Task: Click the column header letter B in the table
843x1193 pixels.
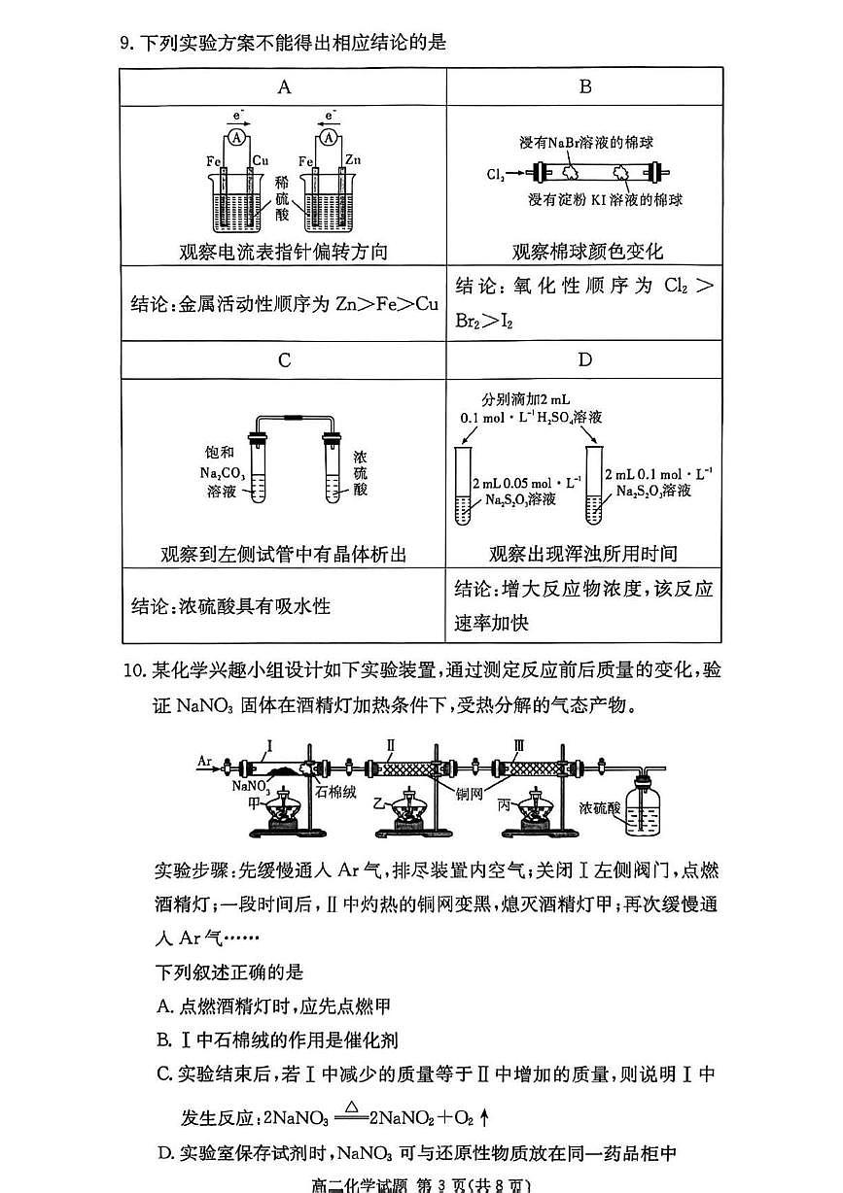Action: coord(584,86)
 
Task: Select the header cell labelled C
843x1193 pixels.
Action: coord(284,360)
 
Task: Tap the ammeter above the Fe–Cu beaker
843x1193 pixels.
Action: coord(236,138)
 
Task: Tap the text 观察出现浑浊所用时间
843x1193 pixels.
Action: coord(583,554)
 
